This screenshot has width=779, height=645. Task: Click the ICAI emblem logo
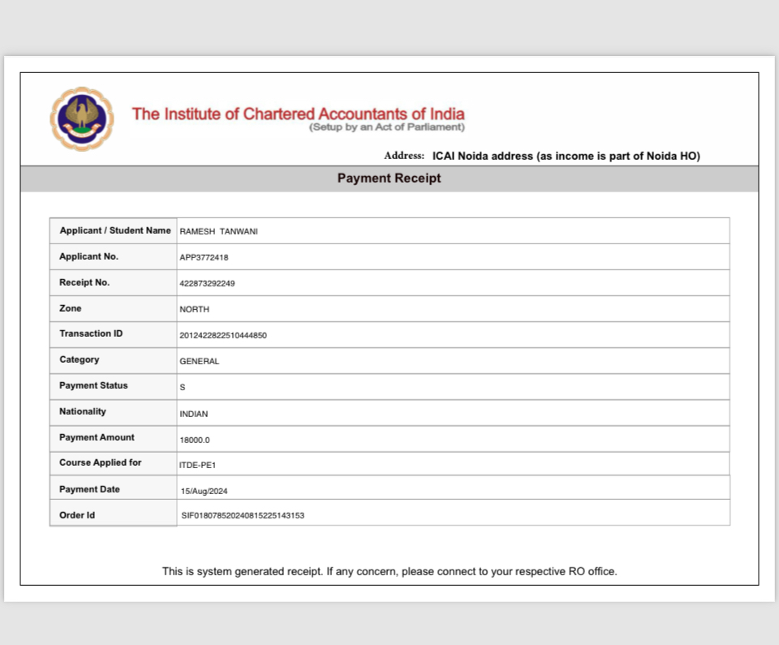click(82, 119)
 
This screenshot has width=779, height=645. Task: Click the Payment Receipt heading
click(389, 178)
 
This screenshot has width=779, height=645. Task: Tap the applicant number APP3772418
click(204, 258)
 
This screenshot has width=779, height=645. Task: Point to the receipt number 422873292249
click(208, 284)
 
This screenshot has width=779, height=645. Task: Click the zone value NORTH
click(195, 310)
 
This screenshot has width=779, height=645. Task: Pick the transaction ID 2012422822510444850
click(223, 335)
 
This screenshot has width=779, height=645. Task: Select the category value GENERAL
click(200, 362)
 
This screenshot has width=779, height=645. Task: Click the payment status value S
click(183, 388)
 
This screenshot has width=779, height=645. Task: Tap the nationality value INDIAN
click(194, 414)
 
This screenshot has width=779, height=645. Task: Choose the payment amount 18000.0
click(195, 440)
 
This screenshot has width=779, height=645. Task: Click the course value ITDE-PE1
click(197, 465)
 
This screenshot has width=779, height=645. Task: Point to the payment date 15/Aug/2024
click(205, 492)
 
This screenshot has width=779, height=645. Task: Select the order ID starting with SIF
click(243, 516)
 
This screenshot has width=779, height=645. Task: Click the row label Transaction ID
click(91, 333)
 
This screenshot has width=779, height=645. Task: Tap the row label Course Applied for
click(101, 462)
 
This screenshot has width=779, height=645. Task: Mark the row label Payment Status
click(93, 385)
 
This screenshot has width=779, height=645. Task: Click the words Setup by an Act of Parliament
click(387, 127)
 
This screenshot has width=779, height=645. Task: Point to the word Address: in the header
click(404, 156)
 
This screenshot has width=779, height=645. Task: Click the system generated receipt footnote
click(389, 571)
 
